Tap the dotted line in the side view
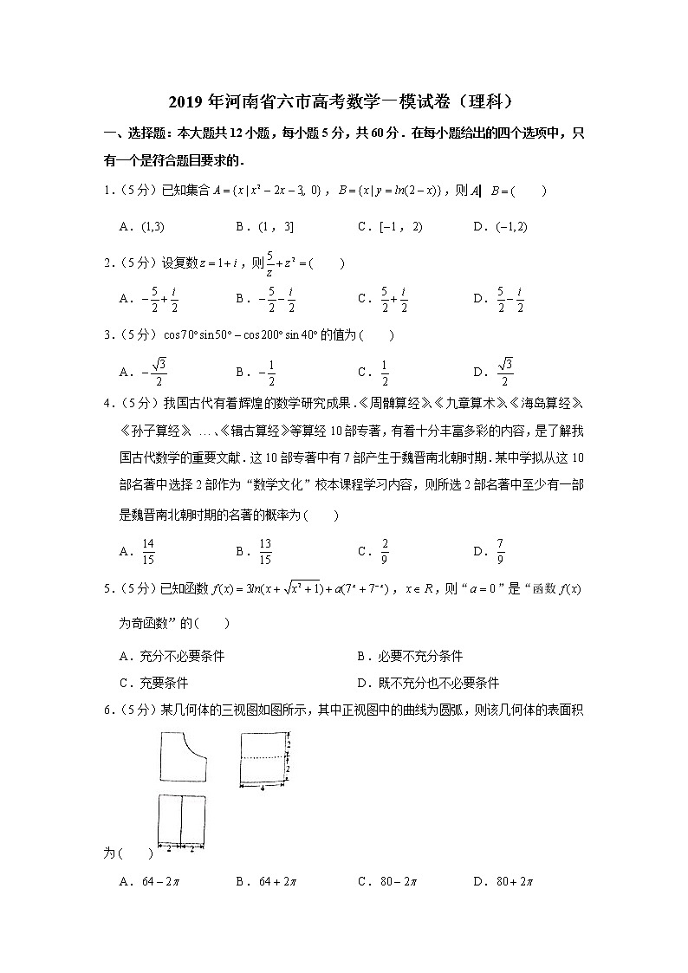(x=262, y=757)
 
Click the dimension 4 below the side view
(x=263, y=789)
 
